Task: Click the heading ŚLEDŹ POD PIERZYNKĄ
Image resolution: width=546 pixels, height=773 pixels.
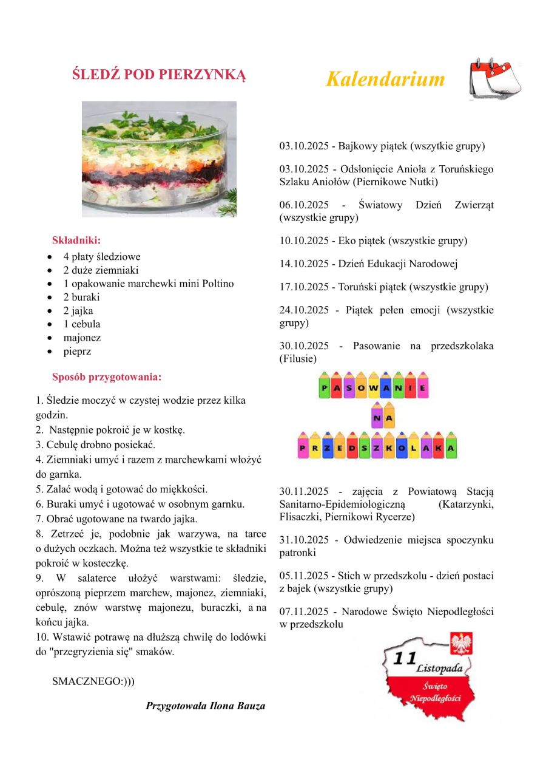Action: pyautogui.click(x=159, y=75)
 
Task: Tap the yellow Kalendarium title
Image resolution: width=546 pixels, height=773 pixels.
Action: pyautogui.click(x=385, y=79)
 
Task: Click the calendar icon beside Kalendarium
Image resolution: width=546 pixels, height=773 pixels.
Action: pyautogui.click(x=495, y=79)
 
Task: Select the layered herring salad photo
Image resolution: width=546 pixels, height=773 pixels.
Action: pyautogui.click(x=159, y=158)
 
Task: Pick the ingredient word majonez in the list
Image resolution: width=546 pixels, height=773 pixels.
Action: pyautogui.click(x=82, y=338)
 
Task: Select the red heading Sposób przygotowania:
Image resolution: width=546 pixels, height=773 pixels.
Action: pyautogui.click(x=107, y=377)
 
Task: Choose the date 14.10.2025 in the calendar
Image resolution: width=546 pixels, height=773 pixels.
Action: pyautogui.click(x=304, y=264)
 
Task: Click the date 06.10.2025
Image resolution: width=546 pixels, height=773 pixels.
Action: pyautogui.click(x=304, y=205)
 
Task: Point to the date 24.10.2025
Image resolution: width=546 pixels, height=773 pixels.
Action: pyautogui.click(x=304, y=310)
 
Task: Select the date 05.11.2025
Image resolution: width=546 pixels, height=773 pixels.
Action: pyautogui.click(x=304, y=575)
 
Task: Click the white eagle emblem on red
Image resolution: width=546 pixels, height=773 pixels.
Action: pyautogui.click(x=462, y=643)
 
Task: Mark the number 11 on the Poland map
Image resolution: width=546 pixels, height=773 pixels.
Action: pyautogui.click(x=403, y=658)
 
